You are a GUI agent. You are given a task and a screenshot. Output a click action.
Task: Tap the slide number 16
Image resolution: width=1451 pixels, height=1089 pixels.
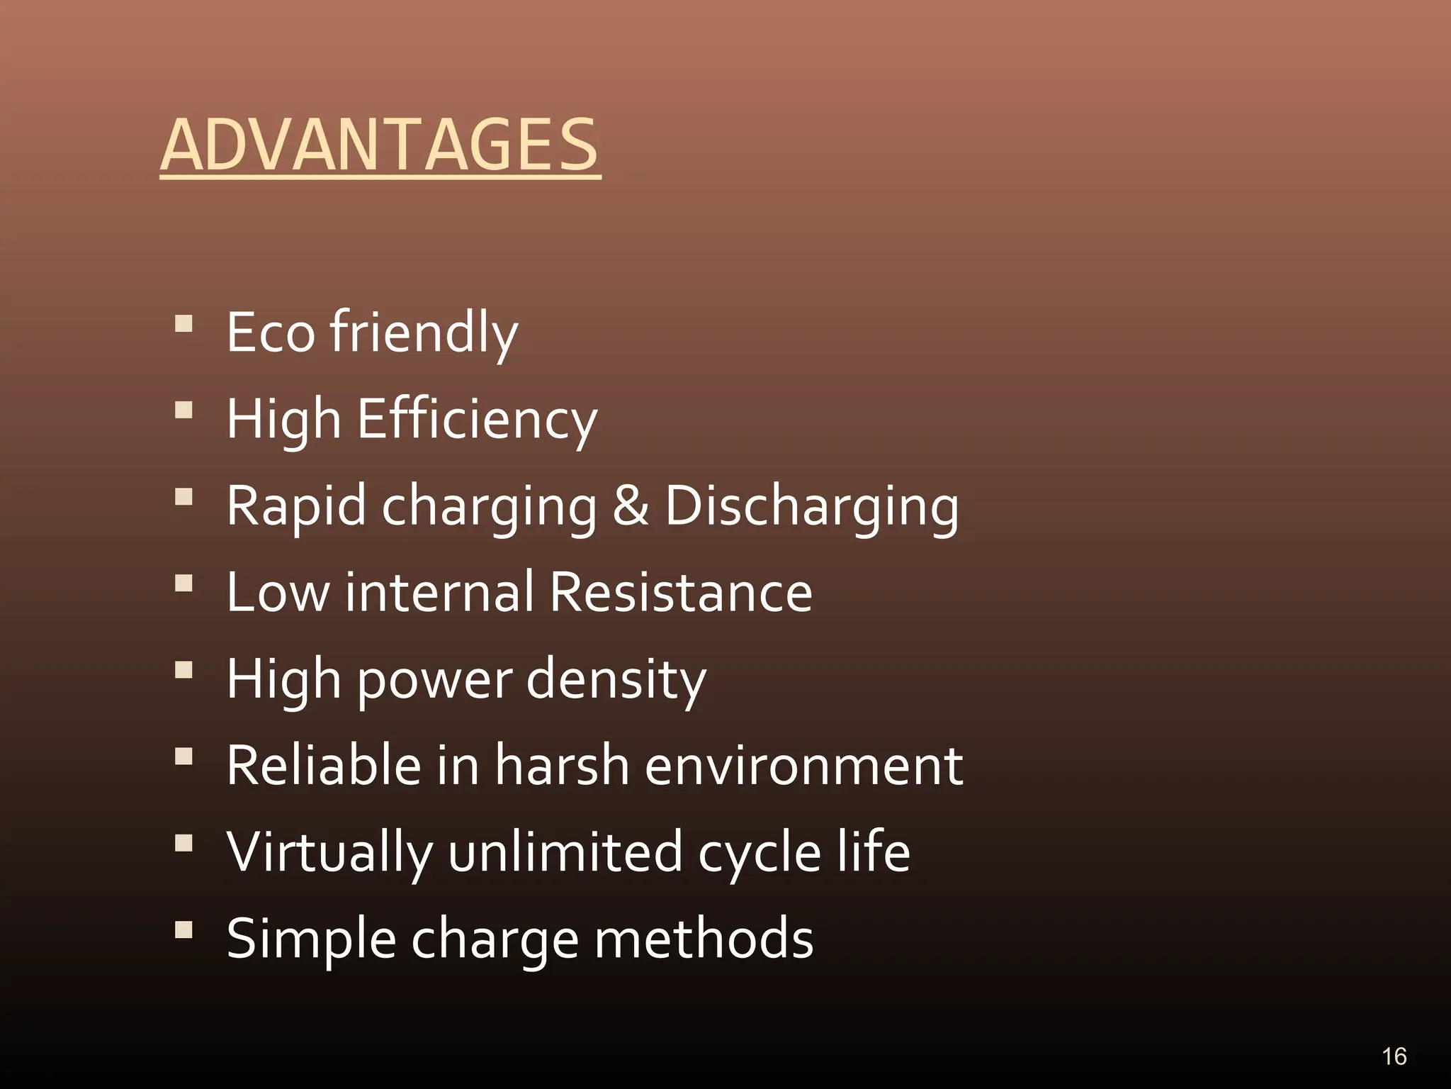(1394, 1056)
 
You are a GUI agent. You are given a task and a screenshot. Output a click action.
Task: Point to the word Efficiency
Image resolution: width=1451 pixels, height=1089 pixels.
(478, 419)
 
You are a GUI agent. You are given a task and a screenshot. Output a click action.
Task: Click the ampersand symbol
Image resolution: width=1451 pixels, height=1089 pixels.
(630, 506)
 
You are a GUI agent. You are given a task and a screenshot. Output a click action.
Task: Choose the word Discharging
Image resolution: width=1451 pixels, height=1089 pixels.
(812, 507)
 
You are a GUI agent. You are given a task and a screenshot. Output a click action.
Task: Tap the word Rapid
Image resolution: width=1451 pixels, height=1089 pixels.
(296, 507)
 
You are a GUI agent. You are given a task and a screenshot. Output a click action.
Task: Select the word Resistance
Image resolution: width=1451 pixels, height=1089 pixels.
(681, 592)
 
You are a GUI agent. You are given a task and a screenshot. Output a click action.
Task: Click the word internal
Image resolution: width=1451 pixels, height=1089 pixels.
(439, 592)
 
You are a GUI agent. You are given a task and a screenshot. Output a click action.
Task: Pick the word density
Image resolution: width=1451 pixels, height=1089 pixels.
(616, 680)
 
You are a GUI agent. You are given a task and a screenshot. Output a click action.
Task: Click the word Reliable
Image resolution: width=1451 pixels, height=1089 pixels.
(322, 766)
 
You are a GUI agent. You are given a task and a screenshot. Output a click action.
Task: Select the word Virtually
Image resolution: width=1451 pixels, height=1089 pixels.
(329, 853)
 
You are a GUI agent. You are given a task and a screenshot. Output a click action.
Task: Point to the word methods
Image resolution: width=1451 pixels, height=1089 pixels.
(704, 939)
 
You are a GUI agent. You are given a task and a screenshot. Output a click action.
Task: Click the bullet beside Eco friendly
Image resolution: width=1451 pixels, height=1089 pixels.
(184, 324)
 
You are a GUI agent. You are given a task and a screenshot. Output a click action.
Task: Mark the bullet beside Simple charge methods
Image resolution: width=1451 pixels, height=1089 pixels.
(184, 929)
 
